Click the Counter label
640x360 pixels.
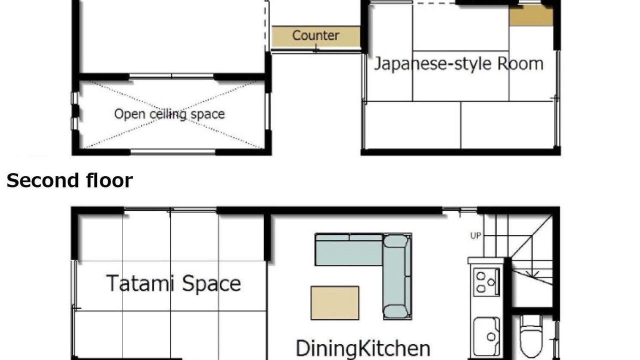click(x=315, y=35)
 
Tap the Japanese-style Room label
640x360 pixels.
click(x=458, y=63)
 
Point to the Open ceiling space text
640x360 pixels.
click(x=169, y=114)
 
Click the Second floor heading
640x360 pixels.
click(x=69, y=180)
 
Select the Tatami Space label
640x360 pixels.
click(x=173, y=283)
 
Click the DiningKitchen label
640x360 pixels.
click(x=363, y=348)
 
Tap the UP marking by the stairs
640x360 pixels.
click(x=475, y=235)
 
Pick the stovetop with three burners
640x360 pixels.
click(x=486, y=282)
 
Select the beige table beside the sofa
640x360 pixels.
click(x=335, y=303)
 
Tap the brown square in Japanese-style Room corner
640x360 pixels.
click(x=531, y=15)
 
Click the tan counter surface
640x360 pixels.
click(x=316, y=36)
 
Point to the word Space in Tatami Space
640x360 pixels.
click(x=211, y=283)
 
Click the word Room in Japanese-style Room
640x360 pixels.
click(x=520, y=63)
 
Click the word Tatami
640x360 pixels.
click(x=140, y=283)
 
